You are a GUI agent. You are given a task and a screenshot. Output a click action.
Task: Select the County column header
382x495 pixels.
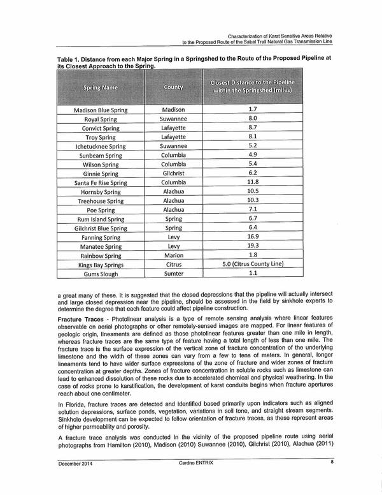tap(173, 86)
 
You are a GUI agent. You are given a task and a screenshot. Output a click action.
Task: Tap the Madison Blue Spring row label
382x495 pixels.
tap(101, 110)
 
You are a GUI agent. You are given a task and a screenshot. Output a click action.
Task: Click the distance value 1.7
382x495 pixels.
tap(251, 110)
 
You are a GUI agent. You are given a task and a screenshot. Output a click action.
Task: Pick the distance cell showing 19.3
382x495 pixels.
tap(251, 246)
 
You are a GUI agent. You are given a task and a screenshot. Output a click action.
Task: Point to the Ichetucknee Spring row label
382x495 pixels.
tap(101, 146)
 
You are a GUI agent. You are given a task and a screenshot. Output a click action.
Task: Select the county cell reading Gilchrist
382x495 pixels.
tap(173, 173)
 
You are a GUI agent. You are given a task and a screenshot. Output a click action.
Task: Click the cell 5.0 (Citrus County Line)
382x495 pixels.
tap(251, 263)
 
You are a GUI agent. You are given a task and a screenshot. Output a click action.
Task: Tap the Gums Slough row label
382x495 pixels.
tap(101, 273)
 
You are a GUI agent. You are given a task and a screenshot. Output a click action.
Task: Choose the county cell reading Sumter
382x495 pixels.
tap(173, 273)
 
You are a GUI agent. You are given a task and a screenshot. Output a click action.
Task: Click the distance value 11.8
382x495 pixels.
tap(251, 182)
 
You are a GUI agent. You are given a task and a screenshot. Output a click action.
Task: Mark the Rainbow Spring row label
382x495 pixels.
tap(101, 255)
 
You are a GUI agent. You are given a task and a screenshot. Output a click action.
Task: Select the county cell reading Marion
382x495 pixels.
tap(173, 255)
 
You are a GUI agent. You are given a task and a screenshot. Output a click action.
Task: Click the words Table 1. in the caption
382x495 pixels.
tap(70, 58)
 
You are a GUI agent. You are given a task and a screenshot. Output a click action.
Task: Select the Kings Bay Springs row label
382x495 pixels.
tap(101, 264)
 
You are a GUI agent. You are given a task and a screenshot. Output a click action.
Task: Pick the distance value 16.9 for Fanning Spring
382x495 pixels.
tap(251, 237)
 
